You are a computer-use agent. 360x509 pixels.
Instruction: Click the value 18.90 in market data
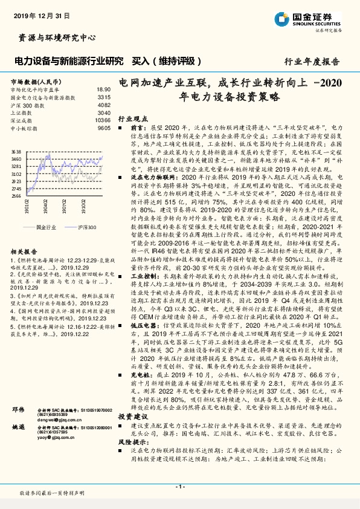point(103,89)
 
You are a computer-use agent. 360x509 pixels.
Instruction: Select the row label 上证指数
point(24,112)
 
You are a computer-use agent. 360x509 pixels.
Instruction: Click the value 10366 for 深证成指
point(103,120)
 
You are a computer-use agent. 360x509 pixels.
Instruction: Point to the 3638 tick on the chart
point(17,152)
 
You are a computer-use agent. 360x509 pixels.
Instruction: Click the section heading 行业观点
point(130,120)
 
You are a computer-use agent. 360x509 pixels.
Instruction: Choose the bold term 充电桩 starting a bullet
point(140,375)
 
